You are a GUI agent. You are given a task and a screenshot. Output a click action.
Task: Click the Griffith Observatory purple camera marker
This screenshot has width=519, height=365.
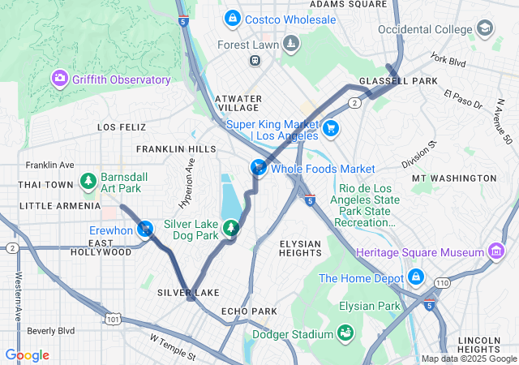pyautogui.click(x=59, y=79)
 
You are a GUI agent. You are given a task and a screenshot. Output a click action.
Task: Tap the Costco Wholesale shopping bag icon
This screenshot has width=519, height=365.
pyautogui.click(x=233, y=18)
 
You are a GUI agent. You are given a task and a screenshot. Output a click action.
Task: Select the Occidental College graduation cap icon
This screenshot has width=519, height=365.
pyautogui.click(x=484, y=28)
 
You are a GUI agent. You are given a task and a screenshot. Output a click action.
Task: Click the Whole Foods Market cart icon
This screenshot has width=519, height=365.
pyautogui.click(x=257, y=168)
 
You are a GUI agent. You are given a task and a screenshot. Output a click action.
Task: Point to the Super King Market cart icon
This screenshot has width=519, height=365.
pyautogui.click(x=330, y=128)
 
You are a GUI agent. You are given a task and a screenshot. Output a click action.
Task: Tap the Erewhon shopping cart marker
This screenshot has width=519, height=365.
pyautogui.click(x=145, y=230)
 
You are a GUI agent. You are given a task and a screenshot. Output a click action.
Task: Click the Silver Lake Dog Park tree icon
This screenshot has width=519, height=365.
pyautogui.click(x=232, y=229)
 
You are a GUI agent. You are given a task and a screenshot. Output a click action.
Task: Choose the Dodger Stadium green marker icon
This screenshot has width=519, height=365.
pyautogui.click(x=345, y=333)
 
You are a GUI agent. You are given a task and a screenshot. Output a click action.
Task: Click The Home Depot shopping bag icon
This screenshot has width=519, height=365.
pyautogui.click(x=415, y=277)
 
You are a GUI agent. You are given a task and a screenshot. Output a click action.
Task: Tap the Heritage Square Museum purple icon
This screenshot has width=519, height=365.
pyautogui.click(x=495, y=252)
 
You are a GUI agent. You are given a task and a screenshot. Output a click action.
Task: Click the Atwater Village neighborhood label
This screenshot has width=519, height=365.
pyautogui.click(x=238, y=103)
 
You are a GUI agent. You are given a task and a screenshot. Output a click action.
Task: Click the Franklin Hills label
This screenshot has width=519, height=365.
pyautogui.click(x=176, y=149)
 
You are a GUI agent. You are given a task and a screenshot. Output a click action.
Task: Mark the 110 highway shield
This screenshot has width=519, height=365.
pyautogui.click(x=441, y=282)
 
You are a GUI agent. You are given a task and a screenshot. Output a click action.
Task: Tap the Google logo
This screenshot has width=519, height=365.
pyautogui.click(x=27, y=355)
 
